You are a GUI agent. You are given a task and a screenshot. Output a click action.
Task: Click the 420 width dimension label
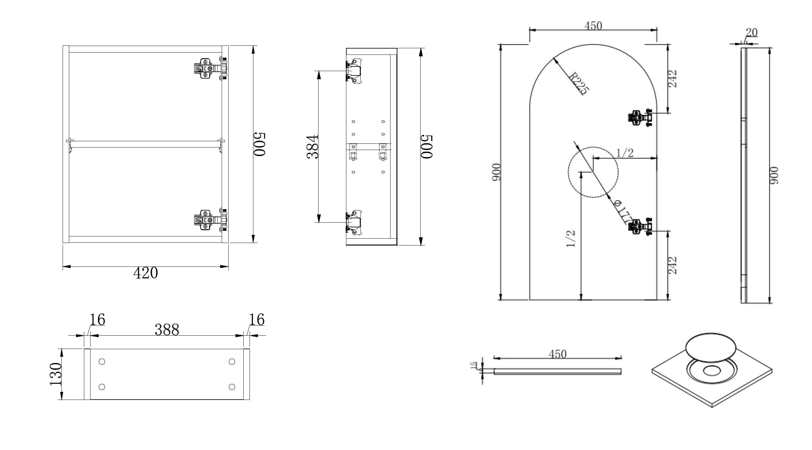pyautogui.click(x=146, y=273)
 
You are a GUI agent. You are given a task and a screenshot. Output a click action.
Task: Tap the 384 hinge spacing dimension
pyautogui.click(x=313, y=147)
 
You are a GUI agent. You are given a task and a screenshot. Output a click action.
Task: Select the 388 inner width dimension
pyautogui.click(x=167, y=330)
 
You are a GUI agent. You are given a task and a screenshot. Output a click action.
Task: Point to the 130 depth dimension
pyautogui.click(x=55, y=374)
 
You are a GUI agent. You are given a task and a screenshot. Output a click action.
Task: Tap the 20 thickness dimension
pyautogui.click(x=752, y=33)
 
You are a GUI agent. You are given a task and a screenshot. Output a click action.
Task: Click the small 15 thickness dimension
pyautogui.click(x=474, y=365)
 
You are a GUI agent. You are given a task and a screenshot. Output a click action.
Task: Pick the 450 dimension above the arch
pyautogui.click(x=593, y=26)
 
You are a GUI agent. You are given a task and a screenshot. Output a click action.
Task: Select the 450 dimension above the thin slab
pyautogui.click(x=558, y=354)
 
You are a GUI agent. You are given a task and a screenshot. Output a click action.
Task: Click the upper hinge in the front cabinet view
pyautogui.click(x=210, y=68)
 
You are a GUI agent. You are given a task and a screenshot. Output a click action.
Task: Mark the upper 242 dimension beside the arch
pyautogui.click(x=672, y=79)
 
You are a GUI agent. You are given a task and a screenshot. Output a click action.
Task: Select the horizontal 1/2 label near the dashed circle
pyautogui.click(x=624, y=153)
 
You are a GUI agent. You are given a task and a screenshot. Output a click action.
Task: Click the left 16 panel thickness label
pyautogui.click(x=97, y=319)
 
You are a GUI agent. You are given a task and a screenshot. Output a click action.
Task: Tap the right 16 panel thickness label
pyautogui.click(x=256, y=319)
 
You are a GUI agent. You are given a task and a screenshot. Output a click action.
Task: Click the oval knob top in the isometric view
pyautogui.click(x=711, y=347)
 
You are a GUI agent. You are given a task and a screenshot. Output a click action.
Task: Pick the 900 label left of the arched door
pyautogui.click(x=496, y=172)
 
